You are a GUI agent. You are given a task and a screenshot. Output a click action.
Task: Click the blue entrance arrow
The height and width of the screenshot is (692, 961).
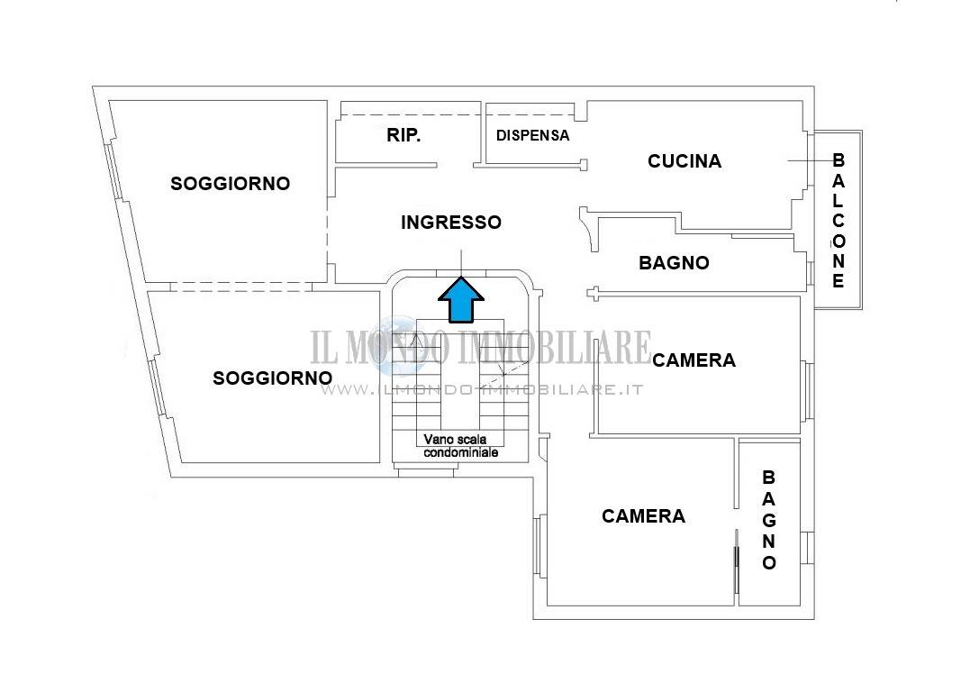coord(461,300)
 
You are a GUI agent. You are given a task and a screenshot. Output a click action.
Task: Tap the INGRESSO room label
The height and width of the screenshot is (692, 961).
coord(451,223)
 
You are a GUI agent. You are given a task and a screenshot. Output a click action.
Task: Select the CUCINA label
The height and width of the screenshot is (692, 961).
coord(684,161)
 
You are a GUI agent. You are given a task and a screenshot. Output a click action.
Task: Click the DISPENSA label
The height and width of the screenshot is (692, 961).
coord(532,135)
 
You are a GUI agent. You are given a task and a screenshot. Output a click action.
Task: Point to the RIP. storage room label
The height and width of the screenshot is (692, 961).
coord(403,135)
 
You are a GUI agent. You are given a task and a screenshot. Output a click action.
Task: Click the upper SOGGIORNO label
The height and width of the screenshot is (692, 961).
coord(230,183)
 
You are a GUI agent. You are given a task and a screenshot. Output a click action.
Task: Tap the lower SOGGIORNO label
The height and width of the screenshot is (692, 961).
coord(273,378)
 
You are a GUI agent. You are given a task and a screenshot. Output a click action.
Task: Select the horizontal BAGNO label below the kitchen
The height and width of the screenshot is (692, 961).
coord(675,263)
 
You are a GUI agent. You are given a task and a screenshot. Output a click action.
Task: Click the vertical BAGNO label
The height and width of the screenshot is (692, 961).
coord(768,520)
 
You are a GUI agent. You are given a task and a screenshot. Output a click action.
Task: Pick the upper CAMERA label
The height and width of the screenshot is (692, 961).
coord(694,360)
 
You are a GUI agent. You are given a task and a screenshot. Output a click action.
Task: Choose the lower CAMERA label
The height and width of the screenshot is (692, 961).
coord(644,516)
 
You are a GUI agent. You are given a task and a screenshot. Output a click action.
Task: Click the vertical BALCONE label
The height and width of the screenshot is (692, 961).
coord(838,221)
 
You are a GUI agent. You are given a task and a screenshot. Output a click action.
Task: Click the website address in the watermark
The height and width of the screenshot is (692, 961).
coord(482,390)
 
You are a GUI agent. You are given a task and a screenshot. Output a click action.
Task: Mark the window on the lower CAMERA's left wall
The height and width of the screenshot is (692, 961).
coord(539,545)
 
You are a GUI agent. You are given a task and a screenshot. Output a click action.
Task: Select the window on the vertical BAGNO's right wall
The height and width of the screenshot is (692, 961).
coord(807,548)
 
